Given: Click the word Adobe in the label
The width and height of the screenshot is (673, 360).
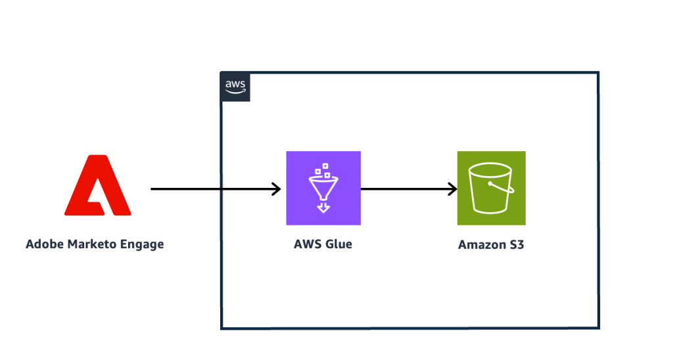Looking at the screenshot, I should click(x=45, y=244).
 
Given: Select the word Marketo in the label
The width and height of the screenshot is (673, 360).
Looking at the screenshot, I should click(x=93, y=244).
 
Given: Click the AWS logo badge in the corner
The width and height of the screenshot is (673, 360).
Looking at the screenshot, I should click(x=235, y=87).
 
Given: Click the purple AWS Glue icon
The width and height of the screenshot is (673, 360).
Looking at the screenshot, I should click(x=323, y=188).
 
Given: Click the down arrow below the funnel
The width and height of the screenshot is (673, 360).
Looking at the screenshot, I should click(x=323, y=208).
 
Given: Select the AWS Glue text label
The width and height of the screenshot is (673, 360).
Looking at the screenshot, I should click(x=323, y=244).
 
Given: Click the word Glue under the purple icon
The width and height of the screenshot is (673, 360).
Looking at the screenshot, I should click(x=338, y=244).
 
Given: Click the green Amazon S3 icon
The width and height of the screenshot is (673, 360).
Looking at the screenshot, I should click(x=491, y=188).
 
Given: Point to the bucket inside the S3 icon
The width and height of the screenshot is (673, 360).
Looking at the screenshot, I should click(x=491, y=188).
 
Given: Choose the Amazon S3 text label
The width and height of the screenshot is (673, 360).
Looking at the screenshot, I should click(x=491, y=245).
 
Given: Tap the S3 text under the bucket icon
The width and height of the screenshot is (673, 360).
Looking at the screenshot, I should click(x=517, y=245).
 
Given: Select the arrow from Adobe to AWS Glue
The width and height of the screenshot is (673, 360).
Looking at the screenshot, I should click(x=210, y=189).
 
